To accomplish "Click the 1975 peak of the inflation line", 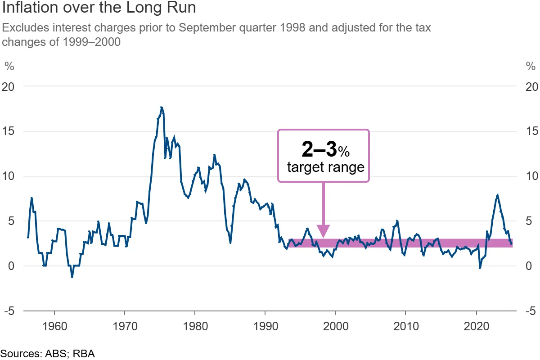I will pos(161,108).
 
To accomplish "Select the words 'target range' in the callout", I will pos(325,168).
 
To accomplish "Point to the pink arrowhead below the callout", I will pos(323,231).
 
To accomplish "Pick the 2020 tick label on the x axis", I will pos(476,325).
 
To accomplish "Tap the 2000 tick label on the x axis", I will pos(335,325).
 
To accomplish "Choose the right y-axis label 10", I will pos(531,176).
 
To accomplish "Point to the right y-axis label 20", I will pos(531,86).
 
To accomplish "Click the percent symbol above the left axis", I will pos(9,67).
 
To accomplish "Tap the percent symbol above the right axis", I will pos(531,67).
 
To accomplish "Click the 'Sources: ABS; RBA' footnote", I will pos(48,353).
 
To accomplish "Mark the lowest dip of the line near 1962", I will pos(72,276).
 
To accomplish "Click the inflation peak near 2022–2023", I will pos(497,196).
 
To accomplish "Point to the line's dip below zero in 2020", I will pos(480,268).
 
